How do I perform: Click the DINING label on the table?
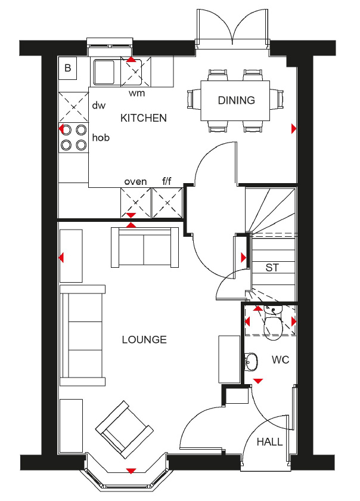[237, 100]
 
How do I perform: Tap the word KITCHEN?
[144, 118]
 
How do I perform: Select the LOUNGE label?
[144, 339]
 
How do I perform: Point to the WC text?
[281, 360]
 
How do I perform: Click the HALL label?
[270, 442]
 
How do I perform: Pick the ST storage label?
[272, 267]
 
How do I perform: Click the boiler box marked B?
[68, 68]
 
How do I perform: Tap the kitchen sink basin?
[104, 73]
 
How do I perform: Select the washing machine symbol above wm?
[135, 72]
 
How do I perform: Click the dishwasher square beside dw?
[74, 107]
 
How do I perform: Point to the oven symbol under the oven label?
[135, 203]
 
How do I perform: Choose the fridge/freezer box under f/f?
[167, 203]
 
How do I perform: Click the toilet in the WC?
[272, 323]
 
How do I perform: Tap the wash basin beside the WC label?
[251, 361]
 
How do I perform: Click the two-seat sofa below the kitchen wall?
[145, 247]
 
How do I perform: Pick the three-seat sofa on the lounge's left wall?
[83, 335]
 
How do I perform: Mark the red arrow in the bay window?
[131, 471]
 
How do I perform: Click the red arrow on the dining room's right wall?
[294, 129]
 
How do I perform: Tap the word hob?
[101, 138]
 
